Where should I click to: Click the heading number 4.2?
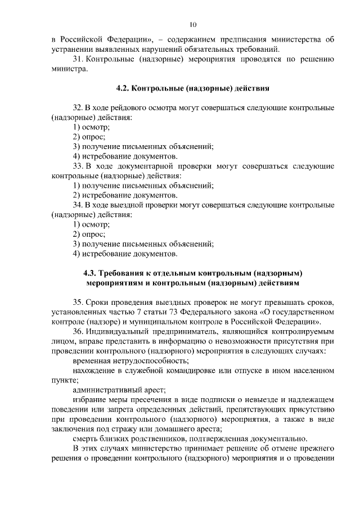tap(123, 89)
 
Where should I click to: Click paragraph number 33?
tap(78, 166)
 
